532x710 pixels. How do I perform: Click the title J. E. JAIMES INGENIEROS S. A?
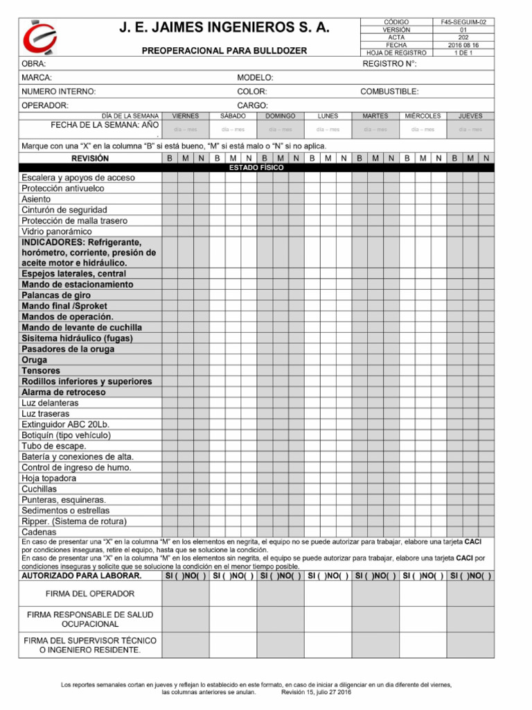tap(224, 28)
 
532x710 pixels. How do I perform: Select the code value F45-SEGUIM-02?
tap(463, 22)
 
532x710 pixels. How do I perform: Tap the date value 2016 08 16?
tap(463, 45)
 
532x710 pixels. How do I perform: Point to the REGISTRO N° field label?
tap(389, 64)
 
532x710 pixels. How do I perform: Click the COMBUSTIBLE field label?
tap(389, 92)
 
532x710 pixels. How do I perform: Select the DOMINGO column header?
tap(280, 116)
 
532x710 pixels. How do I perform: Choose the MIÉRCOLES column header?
tap(423, 116)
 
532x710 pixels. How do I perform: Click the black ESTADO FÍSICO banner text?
tap(256, 168)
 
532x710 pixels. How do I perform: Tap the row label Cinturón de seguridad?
tap(64, 209)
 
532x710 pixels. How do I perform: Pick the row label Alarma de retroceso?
tap(64, 392)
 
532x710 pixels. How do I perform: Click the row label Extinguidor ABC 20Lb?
tap(66, 424)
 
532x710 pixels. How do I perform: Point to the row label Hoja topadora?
tap(49, 478)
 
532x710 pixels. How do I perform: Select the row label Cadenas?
tap(39, 532)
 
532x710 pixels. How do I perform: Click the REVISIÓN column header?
tap(90, 159)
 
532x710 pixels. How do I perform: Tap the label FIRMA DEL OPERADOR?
tap(90, 594)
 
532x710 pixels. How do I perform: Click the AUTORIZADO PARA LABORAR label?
tap(82, 575)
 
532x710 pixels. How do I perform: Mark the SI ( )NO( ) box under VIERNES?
tap(185, 575)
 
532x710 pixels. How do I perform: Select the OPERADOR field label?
tap(45, 105)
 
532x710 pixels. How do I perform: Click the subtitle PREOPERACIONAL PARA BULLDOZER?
tap(224, 51)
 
